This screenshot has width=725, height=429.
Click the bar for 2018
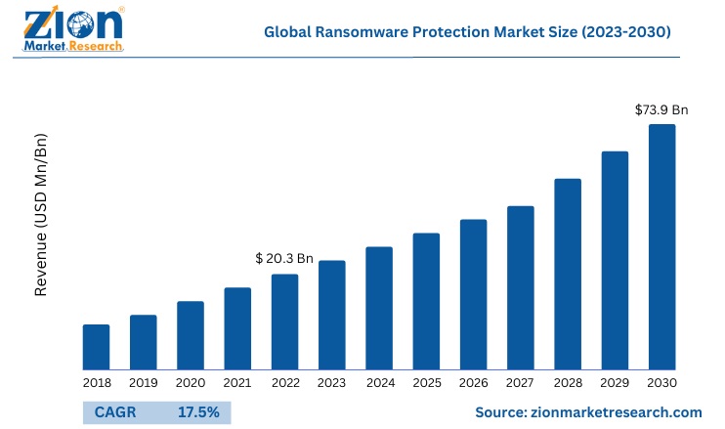[x=96, y=347]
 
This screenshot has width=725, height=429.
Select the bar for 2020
[x=191, y=335]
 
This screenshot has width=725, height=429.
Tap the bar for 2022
[x=284, y=322]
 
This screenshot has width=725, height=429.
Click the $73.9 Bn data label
[x=661, y=109]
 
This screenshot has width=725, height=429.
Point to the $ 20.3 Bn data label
[x=284, y=259]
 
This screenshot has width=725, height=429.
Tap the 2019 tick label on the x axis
[x=144, y=383]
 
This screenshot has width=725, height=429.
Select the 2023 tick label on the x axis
[x=332, y=383]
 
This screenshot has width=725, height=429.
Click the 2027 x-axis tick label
[x=521, y=383]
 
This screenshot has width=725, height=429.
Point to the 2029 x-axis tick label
[x=615, y=383]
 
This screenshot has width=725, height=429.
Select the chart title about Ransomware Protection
[x=467, y=32]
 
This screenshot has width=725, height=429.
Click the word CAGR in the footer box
[x=115, y=412]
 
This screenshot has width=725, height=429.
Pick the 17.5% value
[x=198, y=412]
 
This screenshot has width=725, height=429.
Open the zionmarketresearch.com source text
[x=589, y=413]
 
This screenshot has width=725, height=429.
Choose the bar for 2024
[x=379, y=308]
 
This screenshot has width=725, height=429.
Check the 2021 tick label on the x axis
[x=237, y=383]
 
